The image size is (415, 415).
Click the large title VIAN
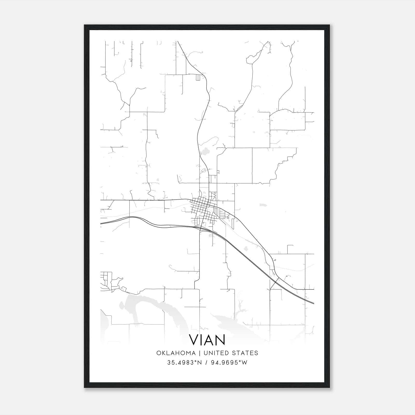[207, 340]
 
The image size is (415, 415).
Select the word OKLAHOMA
[176, 353]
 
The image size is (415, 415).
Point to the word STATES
[246, 353]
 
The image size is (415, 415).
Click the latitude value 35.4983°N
[184, 363]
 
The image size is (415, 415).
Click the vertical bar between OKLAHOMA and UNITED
[200, 353]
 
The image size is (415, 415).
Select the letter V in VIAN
[194, 340]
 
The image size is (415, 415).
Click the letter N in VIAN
[220, 340]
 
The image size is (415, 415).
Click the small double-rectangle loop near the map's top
[198, 77]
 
